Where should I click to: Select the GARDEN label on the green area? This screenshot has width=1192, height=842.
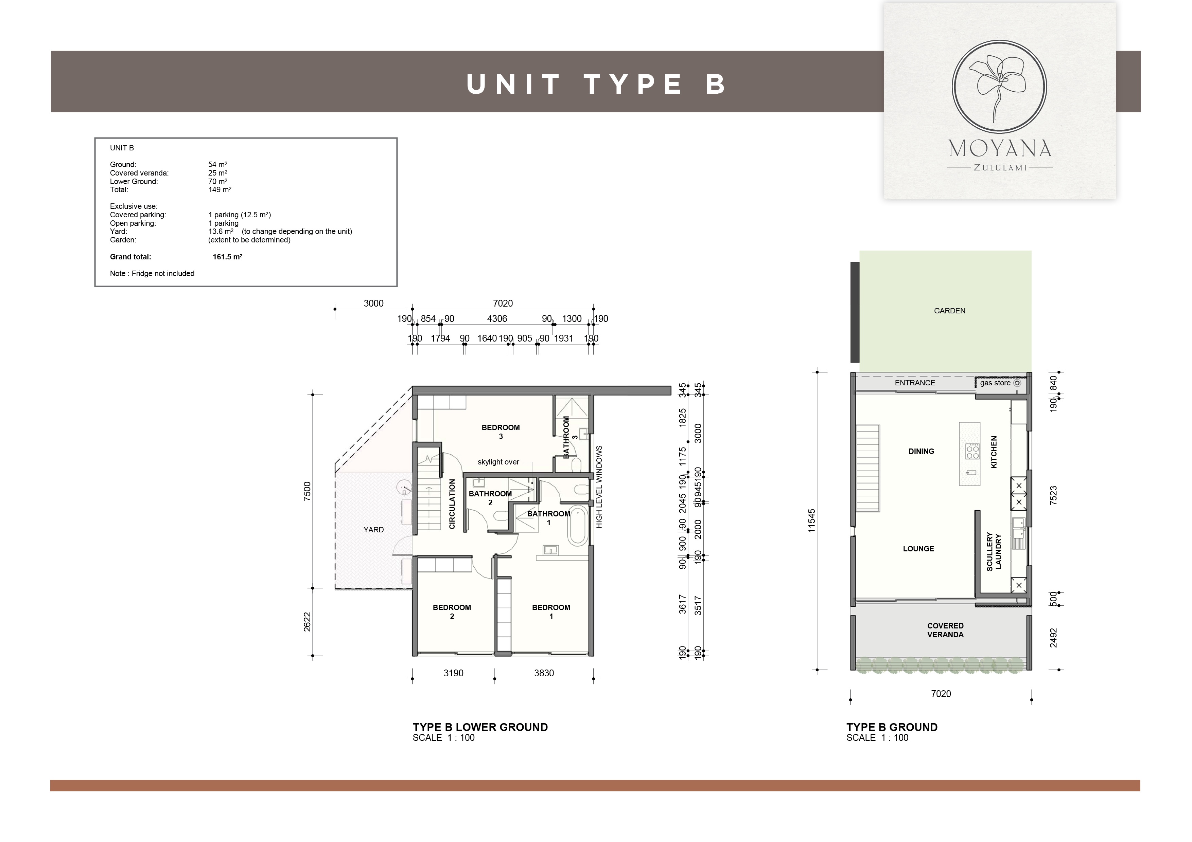pyautogui.click(x=949, y=311)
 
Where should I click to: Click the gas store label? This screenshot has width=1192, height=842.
pyautogui.click(x=995, y=383)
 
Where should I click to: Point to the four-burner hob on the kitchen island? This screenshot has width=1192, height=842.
pyautogui.click(x=972, y=451)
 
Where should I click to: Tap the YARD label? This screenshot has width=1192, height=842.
pyautogui.click(x=374, y=530)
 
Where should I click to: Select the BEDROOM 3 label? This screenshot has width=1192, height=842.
pyautogui.click(x=501, y=432)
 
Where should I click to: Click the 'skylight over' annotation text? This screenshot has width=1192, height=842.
pyautogui.click(x=498, y=462)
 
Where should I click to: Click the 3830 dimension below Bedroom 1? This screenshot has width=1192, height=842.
pyautogui.click(x=544, y=673)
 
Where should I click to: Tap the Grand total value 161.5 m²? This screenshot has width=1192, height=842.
pyautogui.click(x=227, y=257)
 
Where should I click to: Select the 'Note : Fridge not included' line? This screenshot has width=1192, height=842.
pyautogui.click(x=152, y=273)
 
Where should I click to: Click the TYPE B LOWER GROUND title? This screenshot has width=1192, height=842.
pyautogui.click(x=480, y=727)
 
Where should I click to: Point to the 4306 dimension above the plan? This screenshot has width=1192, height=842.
pyautogui.click(x=497, y=318)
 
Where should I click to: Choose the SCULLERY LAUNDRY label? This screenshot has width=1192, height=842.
pyautogui.click(x=994, y=551)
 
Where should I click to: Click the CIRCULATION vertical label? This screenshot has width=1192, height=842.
pyautogui.click(x=452, y=504)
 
